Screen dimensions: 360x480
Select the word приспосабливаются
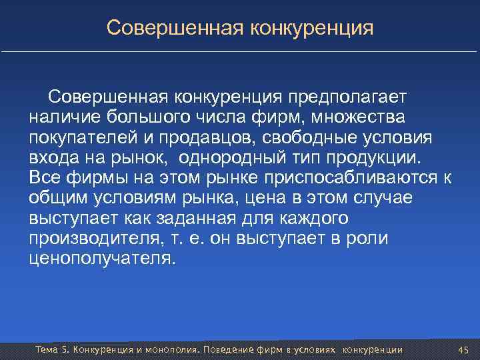pyautogui.click(x=364, y=178)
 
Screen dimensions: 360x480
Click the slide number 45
pyautogui.click(x=465, y=350)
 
